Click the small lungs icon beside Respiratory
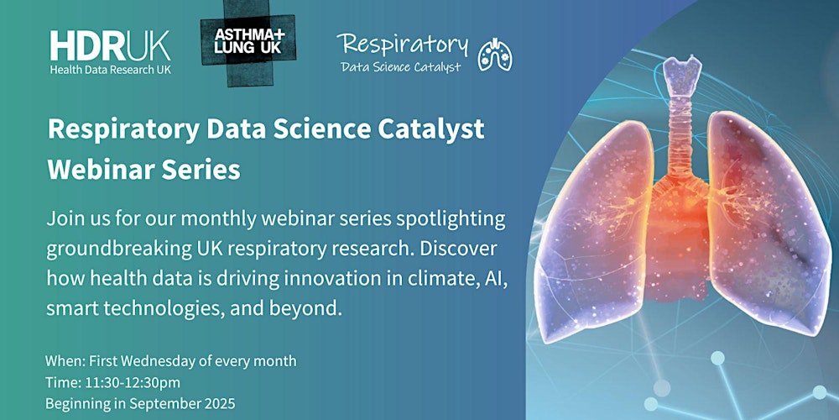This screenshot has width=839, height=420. pyautogui.click(x=495, y=54)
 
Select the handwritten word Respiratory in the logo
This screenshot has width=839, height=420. pyautogui.click(x=403, y=44)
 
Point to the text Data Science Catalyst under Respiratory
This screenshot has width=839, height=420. pyautogui.click(x=400, y=67)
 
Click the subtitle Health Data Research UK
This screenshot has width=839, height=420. pyautogui.click(x=110, y=69)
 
